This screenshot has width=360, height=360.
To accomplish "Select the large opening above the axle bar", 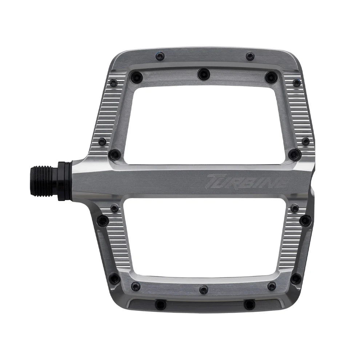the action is coord(205,125).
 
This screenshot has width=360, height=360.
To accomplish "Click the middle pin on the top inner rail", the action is coord(204,74).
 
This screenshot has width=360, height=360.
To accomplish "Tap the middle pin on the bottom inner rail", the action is coord(204,289).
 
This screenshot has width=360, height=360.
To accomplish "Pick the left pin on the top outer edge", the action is coord(160,56).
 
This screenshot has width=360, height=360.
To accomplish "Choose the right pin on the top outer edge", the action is coord(250,56).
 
